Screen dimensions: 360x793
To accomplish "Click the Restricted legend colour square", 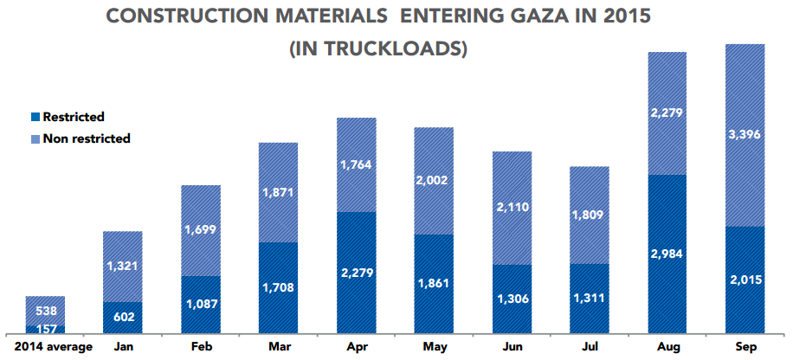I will pos(35,117).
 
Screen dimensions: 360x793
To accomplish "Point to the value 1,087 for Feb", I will pos(201,304).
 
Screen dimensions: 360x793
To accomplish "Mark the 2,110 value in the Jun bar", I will pos(513,208).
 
